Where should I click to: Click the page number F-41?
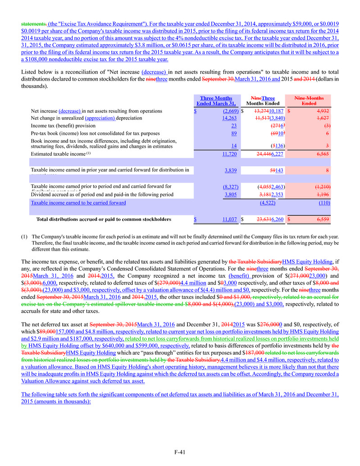(180, 452)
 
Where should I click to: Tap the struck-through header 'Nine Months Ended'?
(309, 101)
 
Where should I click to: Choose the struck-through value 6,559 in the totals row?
(310, 219)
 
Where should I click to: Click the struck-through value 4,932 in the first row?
(310, 111)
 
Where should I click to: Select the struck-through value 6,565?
(310, 154)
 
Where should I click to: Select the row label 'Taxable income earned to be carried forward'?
(78, 203)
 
